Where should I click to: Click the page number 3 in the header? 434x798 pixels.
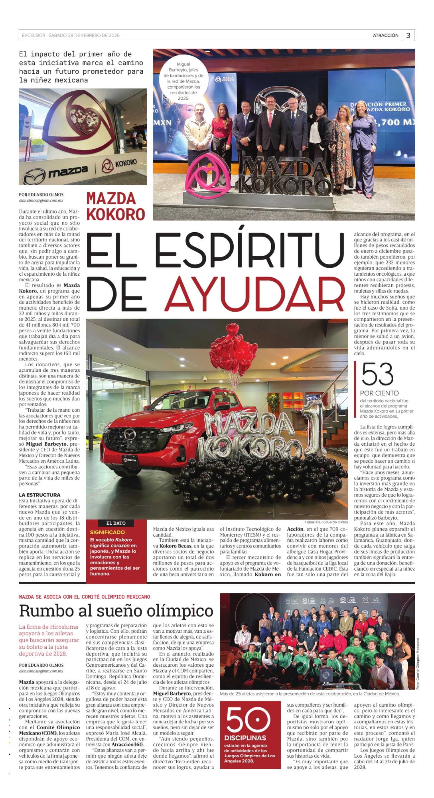pyautogui.click(x=408, y=36)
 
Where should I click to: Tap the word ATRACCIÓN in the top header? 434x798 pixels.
pyautogui.click(x=385, y=36)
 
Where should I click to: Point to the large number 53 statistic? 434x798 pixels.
pyautogui.click(x=377, y=374)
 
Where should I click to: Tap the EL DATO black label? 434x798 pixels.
pyautogui.click(x=116, y=523)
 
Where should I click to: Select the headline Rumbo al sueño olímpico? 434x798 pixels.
pyautogui.click(x=116, y=611)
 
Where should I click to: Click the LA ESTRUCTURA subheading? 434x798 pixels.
pyautogui.click(x=40, y=495)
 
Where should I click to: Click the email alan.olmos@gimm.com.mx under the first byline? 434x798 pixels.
pyautogui.click(x=41, y=201)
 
